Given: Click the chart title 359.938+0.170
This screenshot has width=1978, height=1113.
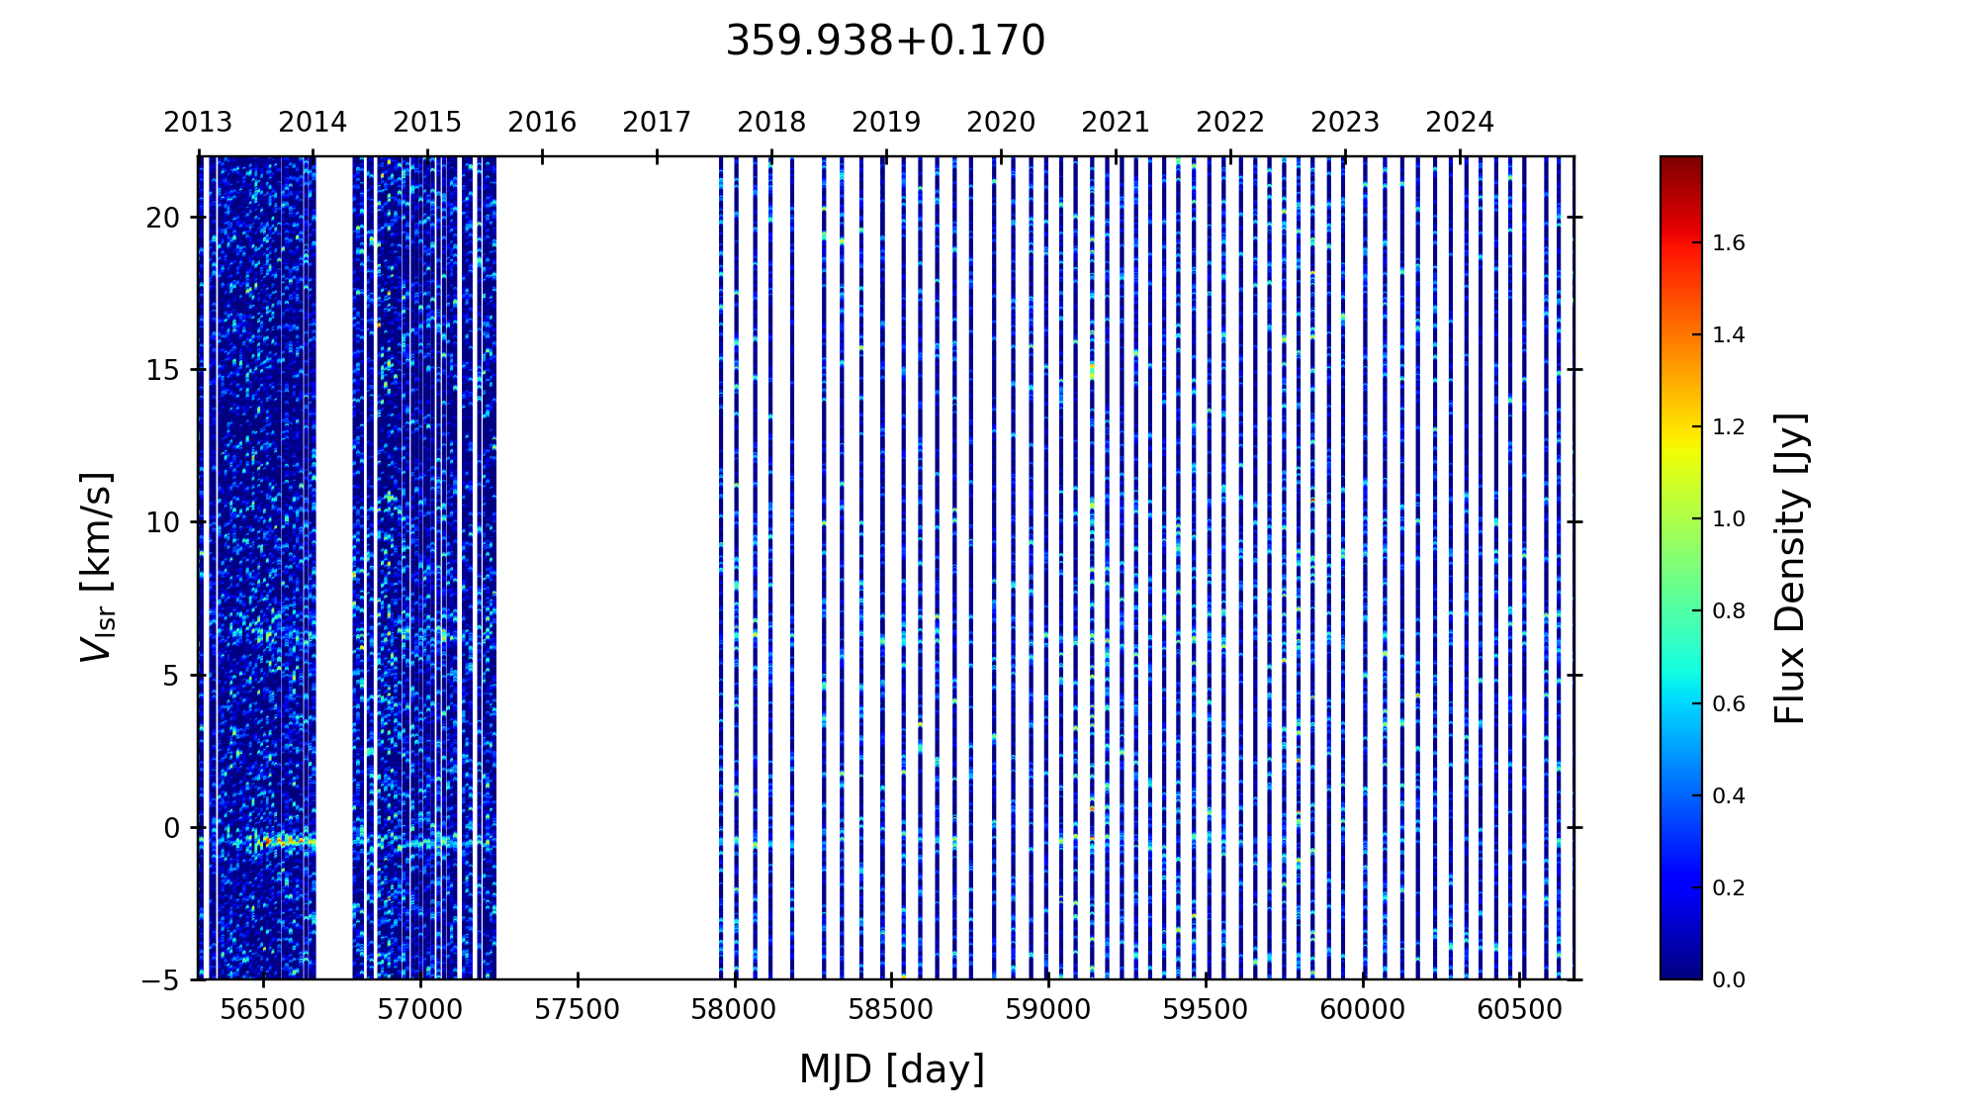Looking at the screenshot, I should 885,42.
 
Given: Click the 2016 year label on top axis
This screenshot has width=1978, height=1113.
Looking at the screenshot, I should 542,123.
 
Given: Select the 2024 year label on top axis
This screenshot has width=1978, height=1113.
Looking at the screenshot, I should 1460,123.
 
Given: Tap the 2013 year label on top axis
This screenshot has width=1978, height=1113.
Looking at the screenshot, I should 198,123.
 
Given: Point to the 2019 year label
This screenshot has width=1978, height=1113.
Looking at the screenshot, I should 886,123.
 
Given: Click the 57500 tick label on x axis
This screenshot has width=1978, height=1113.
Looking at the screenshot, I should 578,1010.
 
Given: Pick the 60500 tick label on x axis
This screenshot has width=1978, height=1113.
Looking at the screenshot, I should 1520,1010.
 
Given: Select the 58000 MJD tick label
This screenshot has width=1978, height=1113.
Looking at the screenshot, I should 735,1010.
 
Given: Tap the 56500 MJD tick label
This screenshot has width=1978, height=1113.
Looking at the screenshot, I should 263,1010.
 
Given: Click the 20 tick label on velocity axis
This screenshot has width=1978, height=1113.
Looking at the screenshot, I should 163,218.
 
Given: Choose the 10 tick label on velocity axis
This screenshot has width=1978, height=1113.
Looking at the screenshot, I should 163,522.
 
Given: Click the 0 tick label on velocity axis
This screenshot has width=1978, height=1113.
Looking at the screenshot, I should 172,828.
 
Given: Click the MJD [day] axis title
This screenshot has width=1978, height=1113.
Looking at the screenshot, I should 892,1069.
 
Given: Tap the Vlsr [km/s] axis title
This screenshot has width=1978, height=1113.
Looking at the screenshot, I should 97,567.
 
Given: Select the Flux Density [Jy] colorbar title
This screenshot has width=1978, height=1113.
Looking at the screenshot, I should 1791,568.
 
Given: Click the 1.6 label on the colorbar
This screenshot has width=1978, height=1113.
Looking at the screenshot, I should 1729,243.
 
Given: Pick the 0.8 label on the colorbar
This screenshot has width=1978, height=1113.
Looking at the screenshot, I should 1729,611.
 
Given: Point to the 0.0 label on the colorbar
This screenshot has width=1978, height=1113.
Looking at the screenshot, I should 1729,980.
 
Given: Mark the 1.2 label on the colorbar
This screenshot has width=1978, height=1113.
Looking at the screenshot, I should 1729,427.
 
